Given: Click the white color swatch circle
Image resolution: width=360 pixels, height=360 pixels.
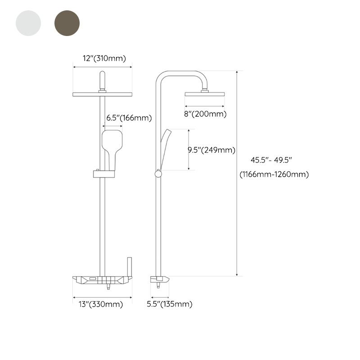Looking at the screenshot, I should pyautogui.click(x=28, y=23).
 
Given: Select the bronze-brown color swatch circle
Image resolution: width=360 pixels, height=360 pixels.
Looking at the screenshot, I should pyautogui.click(x=67, y=23).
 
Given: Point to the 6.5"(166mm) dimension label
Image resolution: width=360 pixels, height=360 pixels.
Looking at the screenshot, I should pyautogui.click(x=129, y=118).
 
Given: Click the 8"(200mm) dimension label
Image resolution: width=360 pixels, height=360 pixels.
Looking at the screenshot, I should pyautogui.click(x=205, y=114).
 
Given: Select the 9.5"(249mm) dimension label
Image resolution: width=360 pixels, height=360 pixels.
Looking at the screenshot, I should pyautogui.click(x=211, y=150).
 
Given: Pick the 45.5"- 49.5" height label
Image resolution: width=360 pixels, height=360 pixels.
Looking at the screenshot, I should pyautogui.click(x=272, y=160).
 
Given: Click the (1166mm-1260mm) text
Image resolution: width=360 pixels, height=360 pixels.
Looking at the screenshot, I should pyautogui.click(x=274, y=175).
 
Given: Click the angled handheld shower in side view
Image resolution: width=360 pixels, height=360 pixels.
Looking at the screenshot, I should pyautogui.click(x=165, y=146).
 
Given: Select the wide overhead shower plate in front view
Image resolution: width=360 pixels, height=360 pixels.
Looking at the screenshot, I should pyautogui.click(x=102, y=94).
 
